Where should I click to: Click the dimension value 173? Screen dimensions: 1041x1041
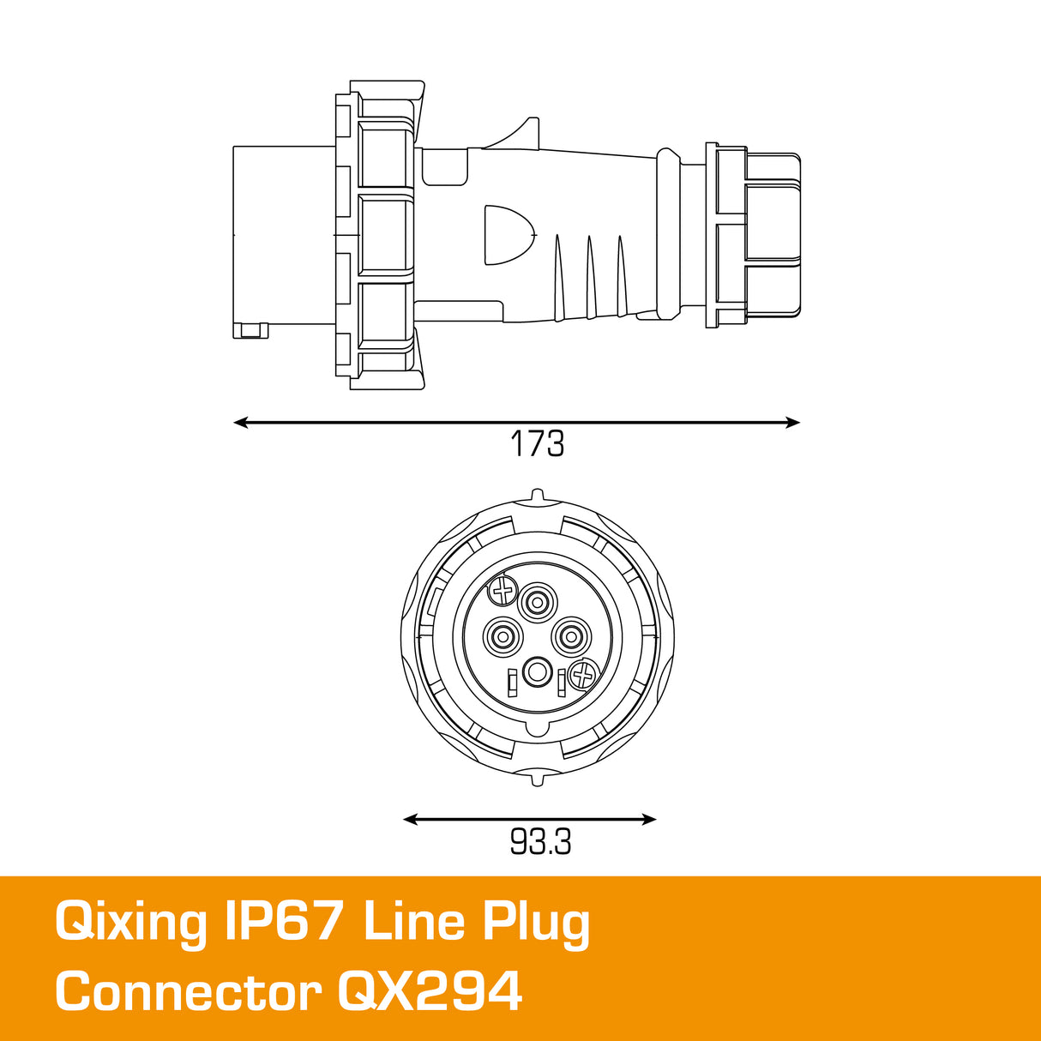[x=537, y=444]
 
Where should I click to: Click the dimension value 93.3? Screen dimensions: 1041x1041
[x=540, y=842]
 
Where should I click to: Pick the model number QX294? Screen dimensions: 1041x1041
[x=430, y=992]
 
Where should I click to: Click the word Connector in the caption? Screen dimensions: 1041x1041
[x=189, y=992]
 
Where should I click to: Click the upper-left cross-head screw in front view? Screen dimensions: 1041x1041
[x=502, y=590]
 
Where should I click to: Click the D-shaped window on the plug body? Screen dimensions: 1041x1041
[x=506, y=234]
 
